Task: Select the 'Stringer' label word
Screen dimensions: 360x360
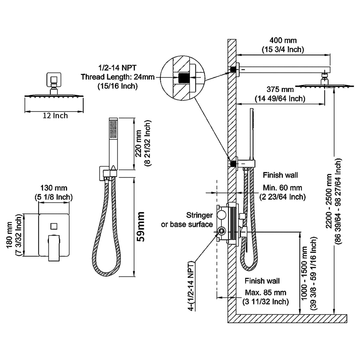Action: click(199, 215)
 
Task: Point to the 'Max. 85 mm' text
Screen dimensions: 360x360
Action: click(265, 292)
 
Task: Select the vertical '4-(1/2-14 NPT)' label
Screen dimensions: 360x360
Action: click(191, 285)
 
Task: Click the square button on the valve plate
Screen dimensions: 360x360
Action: click(54, 225)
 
